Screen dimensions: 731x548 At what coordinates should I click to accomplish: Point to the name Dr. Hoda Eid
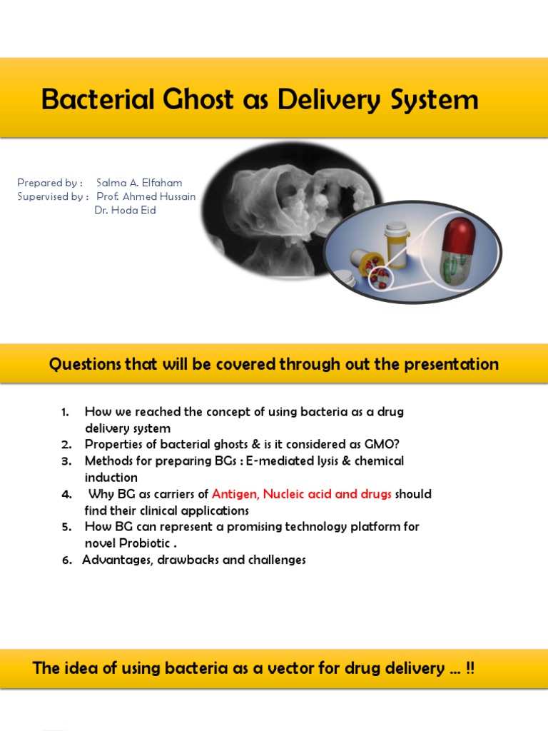point(125,211)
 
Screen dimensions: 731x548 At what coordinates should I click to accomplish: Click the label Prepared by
point(49,183)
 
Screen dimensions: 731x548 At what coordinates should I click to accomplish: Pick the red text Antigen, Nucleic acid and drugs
point(302,494)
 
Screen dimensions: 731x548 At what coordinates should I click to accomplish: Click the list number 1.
point(65,413)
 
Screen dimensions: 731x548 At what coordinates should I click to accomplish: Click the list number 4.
point(66,494)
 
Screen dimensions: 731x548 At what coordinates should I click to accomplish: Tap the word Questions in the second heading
point(85,364)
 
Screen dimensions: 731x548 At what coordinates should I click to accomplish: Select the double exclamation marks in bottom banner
point(470,668)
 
